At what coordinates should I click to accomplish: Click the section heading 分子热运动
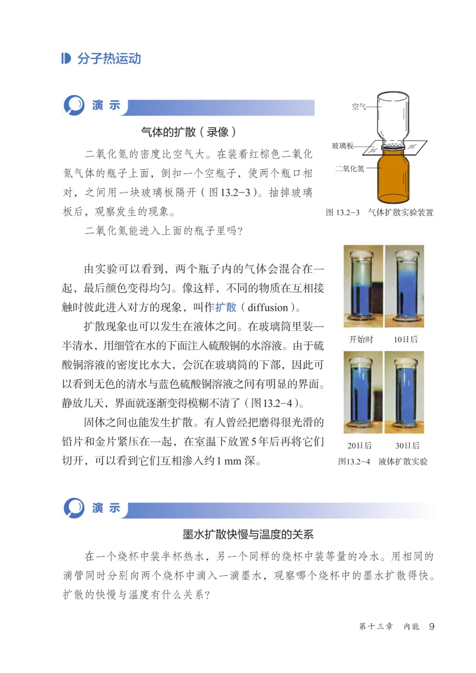coord(109,59)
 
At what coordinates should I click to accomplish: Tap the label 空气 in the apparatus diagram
coord(359,106)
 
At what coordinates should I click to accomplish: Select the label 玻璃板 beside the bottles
coord(342,146)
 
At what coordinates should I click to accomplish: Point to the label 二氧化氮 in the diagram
coord(350,168)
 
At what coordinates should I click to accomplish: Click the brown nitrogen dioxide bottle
coord(393,176)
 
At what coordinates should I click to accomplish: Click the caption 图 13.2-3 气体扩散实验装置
coord(379,213)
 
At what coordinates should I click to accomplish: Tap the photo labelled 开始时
coord(363,286)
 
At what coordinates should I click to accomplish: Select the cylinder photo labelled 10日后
coord(405,286)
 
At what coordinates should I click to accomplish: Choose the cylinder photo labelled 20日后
coord(363,392)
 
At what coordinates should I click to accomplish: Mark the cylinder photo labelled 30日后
coord(405,392)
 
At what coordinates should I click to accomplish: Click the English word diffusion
coord(268,307)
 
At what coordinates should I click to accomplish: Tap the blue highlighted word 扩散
coord(226,307)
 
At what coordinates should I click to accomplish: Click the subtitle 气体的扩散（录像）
coord(189,132)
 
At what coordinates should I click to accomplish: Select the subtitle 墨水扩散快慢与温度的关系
coord(248,535)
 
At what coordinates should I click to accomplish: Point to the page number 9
coord(431,626)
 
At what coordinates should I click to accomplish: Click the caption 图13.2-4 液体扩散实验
coord(383,462)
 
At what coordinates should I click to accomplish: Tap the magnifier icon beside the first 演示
coord(74,105)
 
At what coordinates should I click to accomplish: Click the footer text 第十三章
coord(376,626)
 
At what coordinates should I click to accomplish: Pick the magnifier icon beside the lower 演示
coord(74,508)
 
